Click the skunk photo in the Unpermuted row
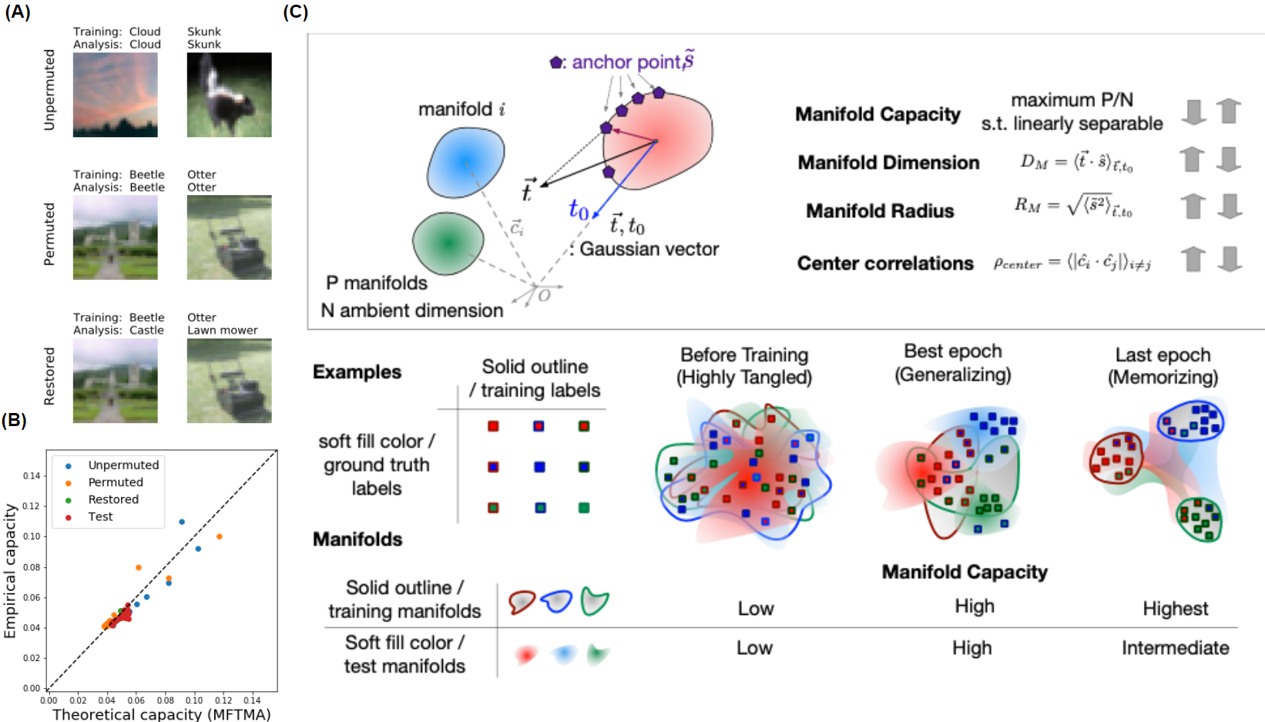click(229, 95)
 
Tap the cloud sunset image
click(116, 95)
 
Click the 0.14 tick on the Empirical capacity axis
click(32, 476)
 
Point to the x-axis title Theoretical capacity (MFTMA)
click(161, 714)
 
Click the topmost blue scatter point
click(182, 522)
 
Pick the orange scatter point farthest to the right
click(220, 536)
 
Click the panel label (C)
click(295, 12)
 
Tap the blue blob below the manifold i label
click(465, 162)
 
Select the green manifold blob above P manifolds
click(448, 243)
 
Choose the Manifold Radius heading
click(880, 211)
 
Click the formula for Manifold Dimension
click(1076, 162)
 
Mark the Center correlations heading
click(885, 264)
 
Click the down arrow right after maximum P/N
click(1193, 112)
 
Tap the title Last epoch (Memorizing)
click(1163, 366)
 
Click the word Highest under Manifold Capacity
click(1175, 609)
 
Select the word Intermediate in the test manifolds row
click(1175, 648)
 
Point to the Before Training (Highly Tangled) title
click(743, 366)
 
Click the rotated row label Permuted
click(49, 234)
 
